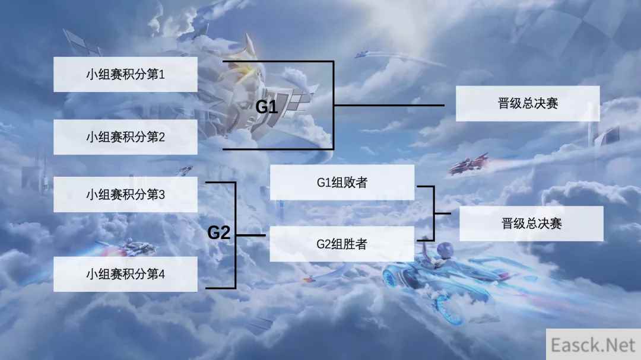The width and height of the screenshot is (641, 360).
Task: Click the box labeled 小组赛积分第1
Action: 125,74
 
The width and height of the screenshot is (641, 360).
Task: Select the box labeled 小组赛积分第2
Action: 125,137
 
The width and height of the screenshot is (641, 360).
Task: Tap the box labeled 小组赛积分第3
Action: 125,195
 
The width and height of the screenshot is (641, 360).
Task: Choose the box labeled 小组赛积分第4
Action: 125,274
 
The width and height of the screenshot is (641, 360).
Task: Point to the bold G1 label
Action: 266,107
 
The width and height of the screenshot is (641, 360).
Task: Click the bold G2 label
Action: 219,232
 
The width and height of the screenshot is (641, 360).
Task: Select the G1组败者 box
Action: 342,183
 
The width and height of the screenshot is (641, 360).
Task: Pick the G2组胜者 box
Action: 342,244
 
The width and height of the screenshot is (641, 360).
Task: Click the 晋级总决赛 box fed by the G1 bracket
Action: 528,103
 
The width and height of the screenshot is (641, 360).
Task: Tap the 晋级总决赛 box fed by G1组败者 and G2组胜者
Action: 531,224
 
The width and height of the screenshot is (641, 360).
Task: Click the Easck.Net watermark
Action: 593,345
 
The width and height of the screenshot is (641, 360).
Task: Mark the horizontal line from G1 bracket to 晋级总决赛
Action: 389,105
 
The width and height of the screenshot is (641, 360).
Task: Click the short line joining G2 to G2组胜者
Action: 250,235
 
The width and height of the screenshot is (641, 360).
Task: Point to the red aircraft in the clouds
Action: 469,164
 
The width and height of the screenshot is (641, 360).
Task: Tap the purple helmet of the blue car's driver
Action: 445,248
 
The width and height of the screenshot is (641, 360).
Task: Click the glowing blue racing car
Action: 442,282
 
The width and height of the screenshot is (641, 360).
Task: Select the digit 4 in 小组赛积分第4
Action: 161,274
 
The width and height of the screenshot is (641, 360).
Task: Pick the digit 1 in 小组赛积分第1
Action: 161,74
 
